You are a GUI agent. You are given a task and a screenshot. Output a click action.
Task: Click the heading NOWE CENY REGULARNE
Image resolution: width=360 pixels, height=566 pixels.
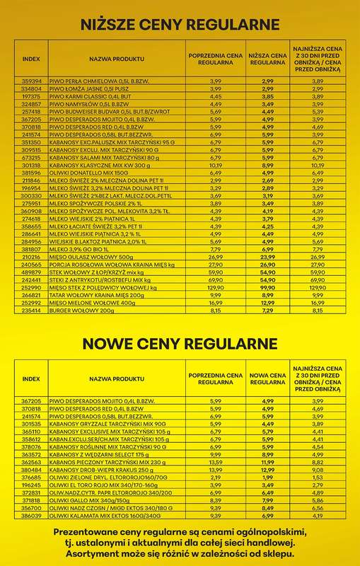[x=180, y=344]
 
